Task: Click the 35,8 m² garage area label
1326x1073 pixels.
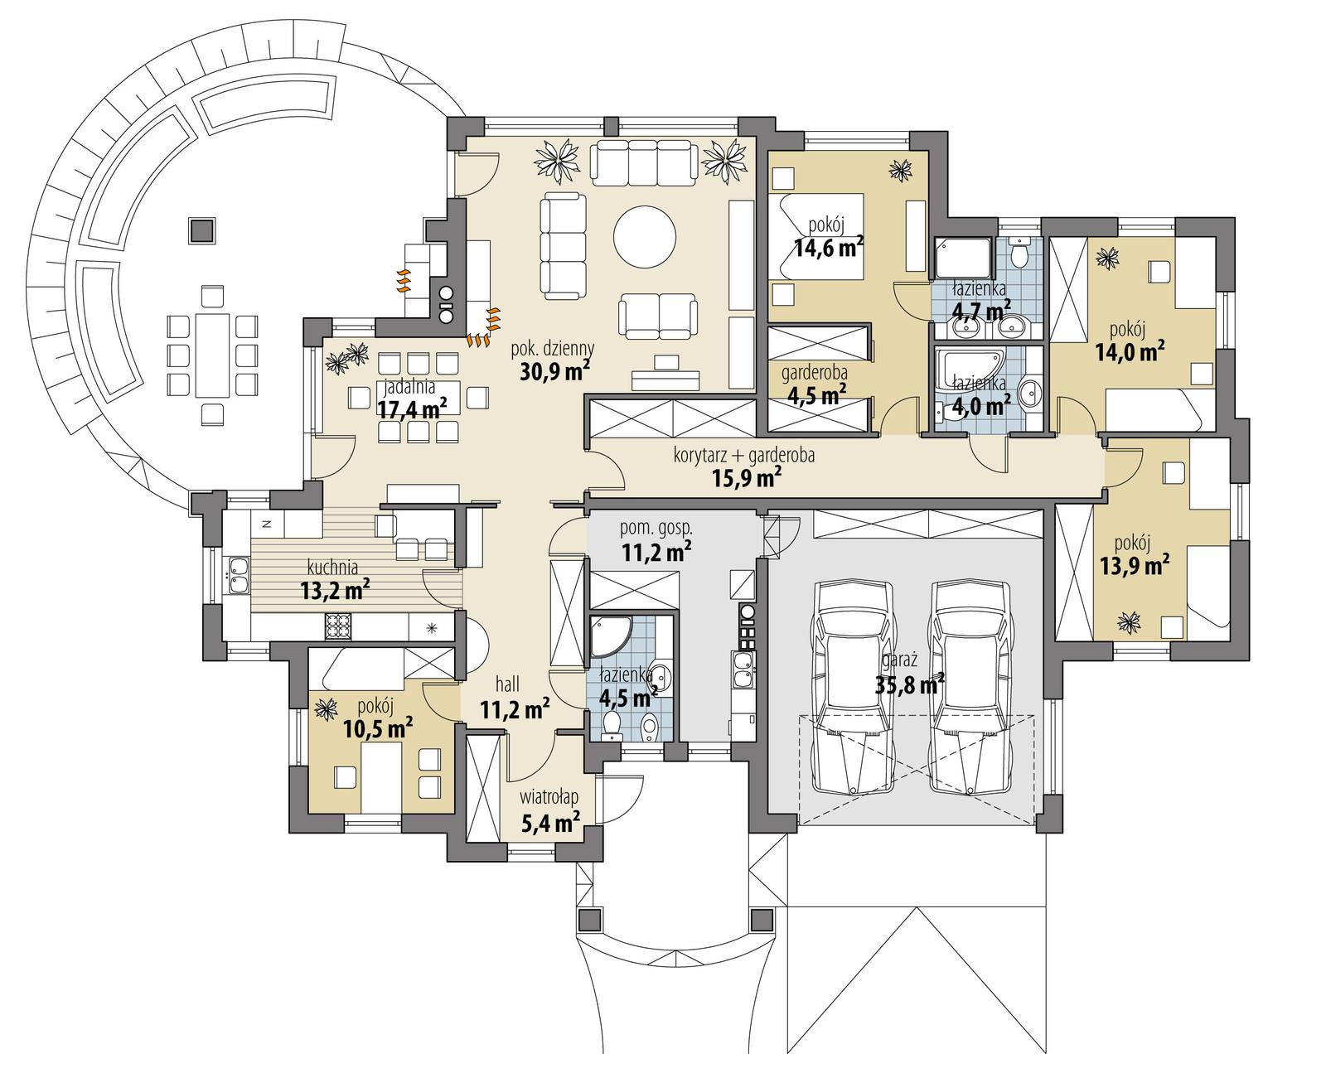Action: (x=910, y=684)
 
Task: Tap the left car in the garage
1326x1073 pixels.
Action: (x=854, y=688)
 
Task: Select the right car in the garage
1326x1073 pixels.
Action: (x=970, y=688)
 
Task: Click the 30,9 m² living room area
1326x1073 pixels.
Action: (x=554, y=370)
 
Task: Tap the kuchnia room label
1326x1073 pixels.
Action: (x=331, y=568)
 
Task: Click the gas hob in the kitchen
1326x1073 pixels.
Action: (x=338, y=625)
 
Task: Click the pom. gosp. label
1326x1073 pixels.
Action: (x=656, y=528)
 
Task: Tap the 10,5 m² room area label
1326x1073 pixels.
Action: (x=378, y=727)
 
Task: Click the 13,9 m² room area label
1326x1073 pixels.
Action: (x=1134, y=564)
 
